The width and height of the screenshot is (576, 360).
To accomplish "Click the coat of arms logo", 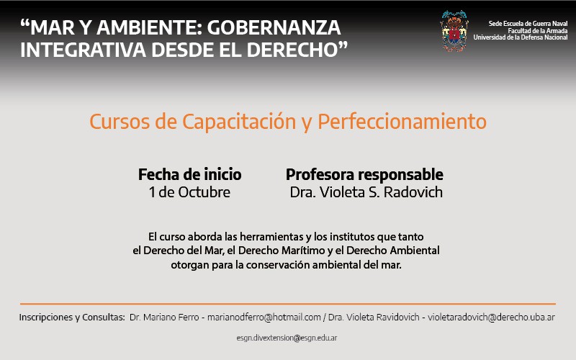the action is click(x=454, y=31).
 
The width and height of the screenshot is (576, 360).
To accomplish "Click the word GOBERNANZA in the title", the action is click(x=274, y=27).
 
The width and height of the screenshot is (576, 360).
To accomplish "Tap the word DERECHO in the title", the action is click(x=292, y=50).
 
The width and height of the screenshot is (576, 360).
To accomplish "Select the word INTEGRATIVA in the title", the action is click(x=83, y=50).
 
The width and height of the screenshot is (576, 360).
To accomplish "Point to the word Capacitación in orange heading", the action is click(x=239, y=122).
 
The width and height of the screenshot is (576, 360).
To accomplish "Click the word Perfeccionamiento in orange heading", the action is click(x=402, y=122).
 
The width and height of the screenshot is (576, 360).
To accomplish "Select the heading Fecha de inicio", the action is click(x=189, y=174).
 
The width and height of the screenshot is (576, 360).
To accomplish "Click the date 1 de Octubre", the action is click(x=189, y=192).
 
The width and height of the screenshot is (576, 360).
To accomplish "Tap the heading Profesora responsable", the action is click(x=364, y=174).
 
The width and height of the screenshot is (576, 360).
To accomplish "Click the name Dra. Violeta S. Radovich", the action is click(x=366, y=192).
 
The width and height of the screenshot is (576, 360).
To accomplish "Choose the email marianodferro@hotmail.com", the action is click(x=264, y=317).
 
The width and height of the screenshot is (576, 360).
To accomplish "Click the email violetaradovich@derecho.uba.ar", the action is click(x=491, y=317).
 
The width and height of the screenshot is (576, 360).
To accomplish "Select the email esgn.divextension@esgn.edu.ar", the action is click(x=287, y=338).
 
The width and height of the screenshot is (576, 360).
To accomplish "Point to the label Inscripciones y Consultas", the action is click(x=72, y=317).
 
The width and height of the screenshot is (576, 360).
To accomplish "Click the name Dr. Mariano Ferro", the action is click(x=164, y=317).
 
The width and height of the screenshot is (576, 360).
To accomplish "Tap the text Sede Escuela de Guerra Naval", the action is click(x=528, y=24).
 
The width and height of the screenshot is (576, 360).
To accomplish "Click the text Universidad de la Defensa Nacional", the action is click(x=520, y=37).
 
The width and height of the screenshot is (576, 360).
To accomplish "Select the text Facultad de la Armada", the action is click(x=537, y=30).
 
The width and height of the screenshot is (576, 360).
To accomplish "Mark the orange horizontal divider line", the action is click(x=288, y=304).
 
